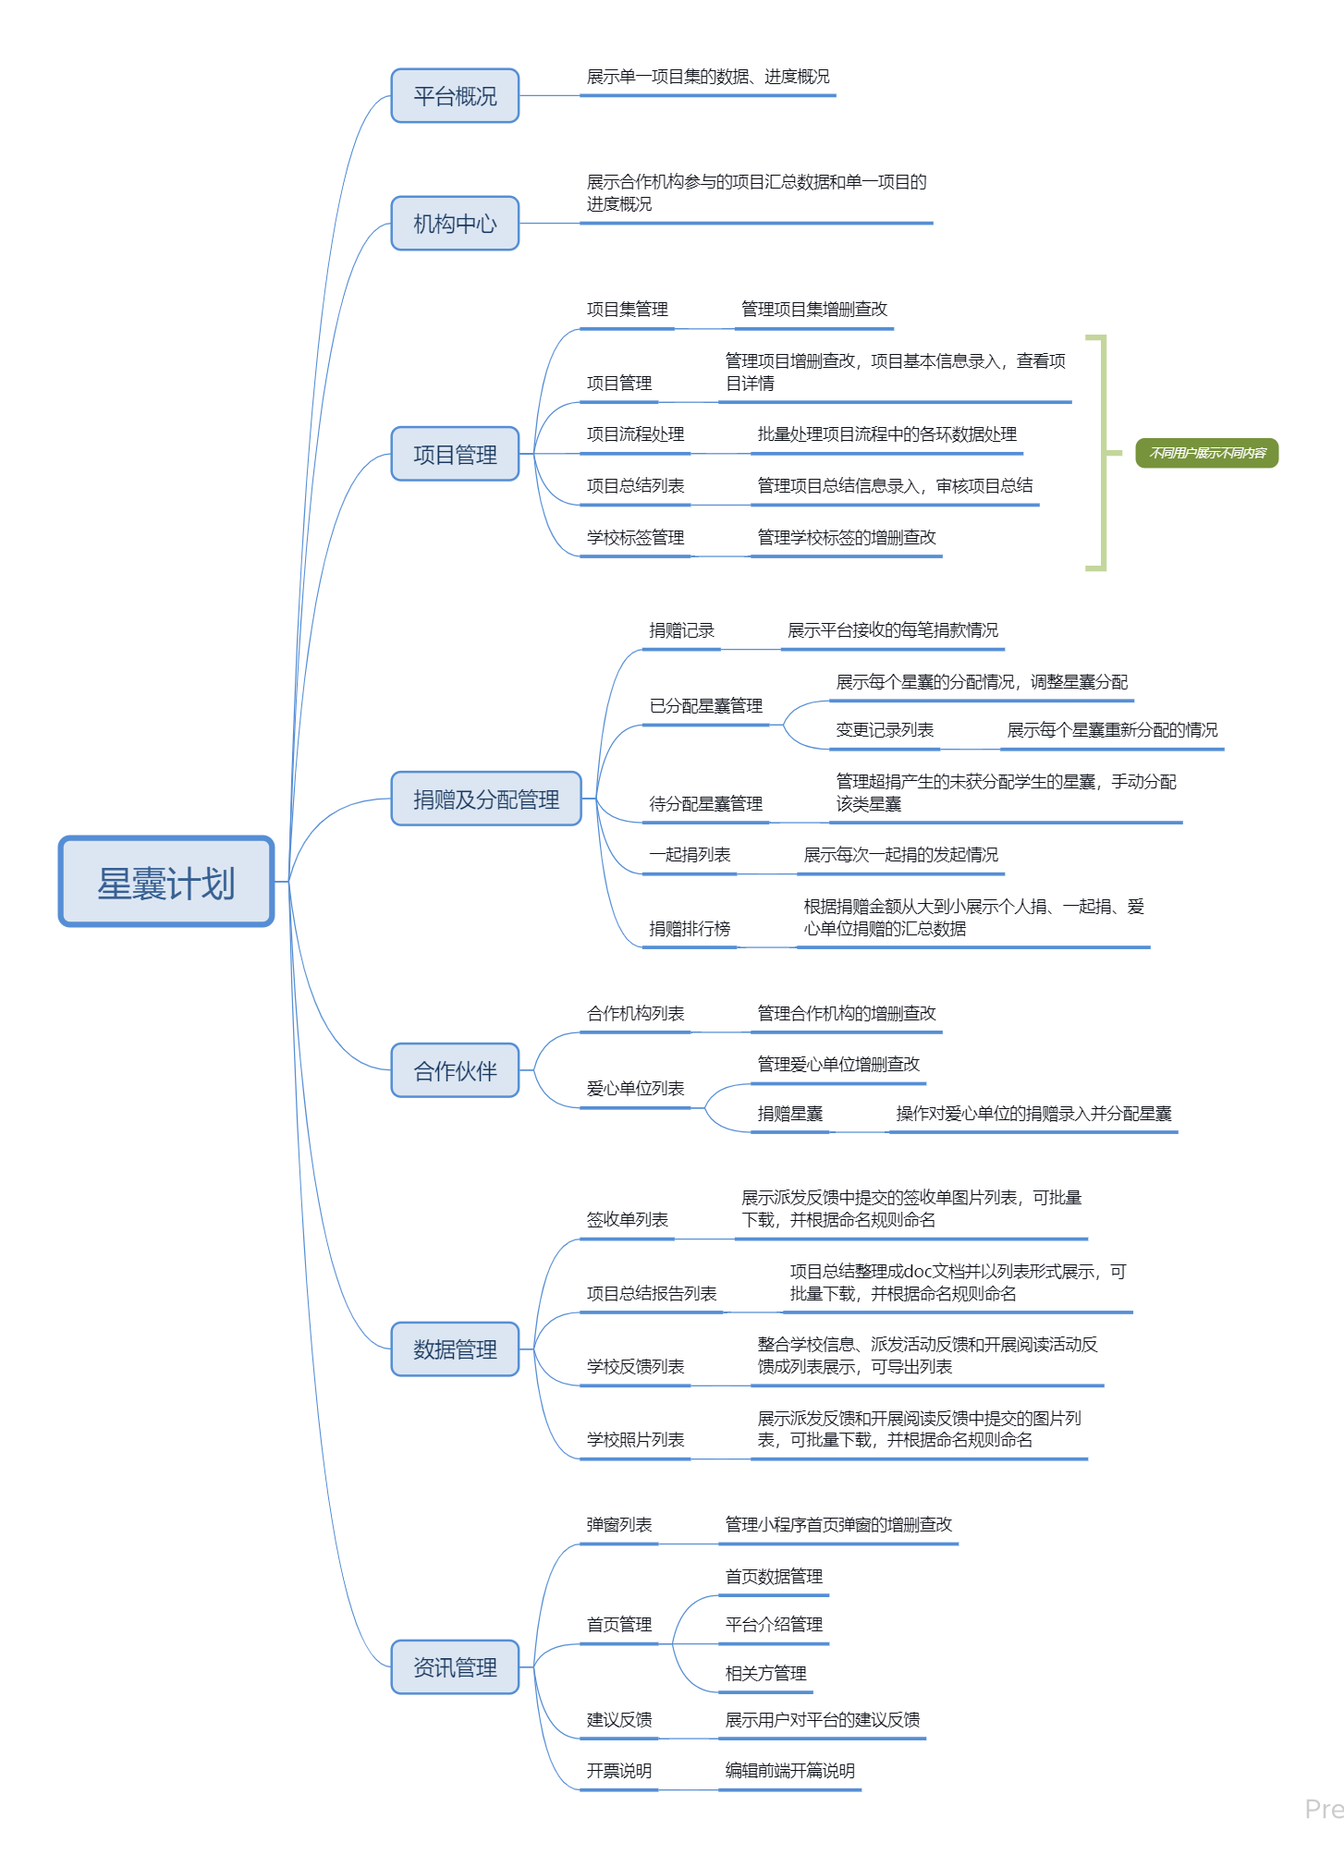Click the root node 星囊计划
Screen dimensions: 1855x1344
click(x=166, y=882)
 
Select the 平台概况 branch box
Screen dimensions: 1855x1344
click(x=455, y=95)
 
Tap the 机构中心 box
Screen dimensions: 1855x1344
click(x=455, y=223)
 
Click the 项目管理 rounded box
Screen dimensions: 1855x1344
click(x=455, y=454)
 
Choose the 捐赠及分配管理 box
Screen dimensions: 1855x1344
click(x=486, y=799)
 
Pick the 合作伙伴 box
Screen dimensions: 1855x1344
click(x=455, y=1070)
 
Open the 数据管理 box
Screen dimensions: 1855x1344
click(x=455, y=1349)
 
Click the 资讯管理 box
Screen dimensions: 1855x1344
click(x=455, y=1666)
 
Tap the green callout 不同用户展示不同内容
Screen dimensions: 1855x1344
click(x=1206, y=453)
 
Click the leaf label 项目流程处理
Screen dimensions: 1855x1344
click(x=635, y=434)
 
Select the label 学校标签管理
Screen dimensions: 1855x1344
click(x=635, y=537)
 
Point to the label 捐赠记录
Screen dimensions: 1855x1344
click(x=681, y=630)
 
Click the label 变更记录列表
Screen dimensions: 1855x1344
click(x=885, y=729)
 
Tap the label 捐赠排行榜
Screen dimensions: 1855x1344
click(x=690, y=928)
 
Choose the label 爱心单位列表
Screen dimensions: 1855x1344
click(x=635, y=1088)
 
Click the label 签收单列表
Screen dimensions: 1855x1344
click(x=627, y=1219)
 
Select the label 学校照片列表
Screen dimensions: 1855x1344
click(x=635, y=1439)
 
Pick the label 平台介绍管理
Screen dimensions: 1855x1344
click(x=774, y=1624)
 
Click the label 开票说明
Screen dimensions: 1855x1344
click(x=618, y=1770)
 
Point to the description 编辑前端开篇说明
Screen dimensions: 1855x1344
click(x=789, y=1770)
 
